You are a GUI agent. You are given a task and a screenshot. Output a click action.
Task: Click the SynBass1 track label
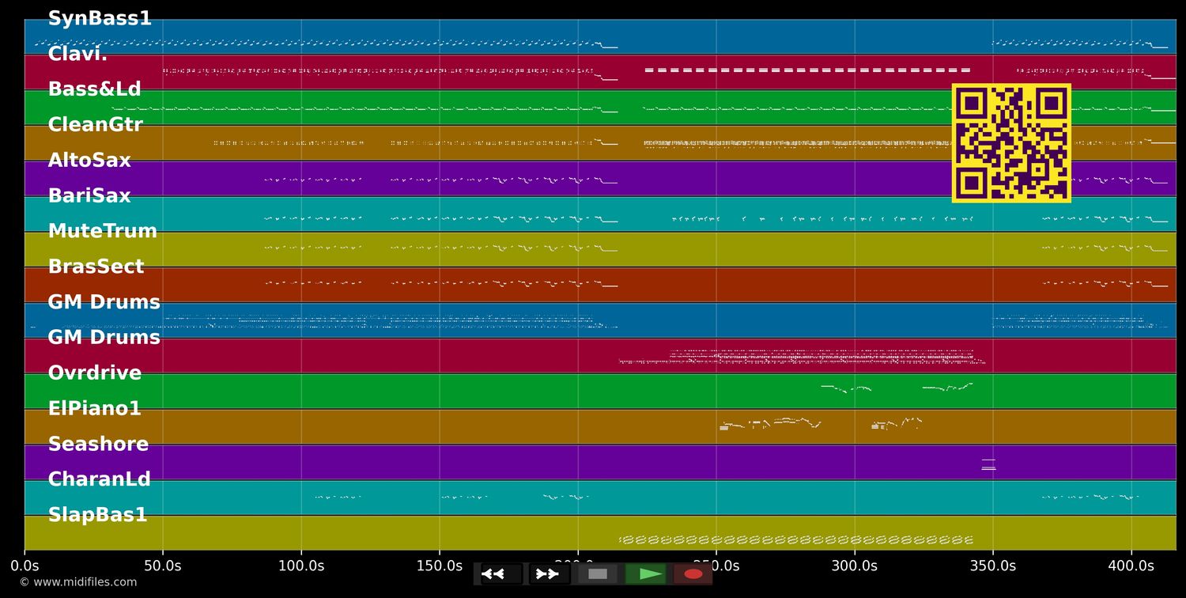click(x=100, y=19)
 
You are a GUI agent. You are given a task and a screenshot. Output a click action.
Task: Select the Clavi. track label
click(x=77, y=55)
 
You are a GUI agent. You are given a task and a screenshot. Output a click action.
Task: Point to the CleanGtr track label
click(x=95, y=125)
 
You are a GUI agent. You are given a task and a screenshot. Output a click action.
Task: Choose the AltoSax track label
click(x=89, y=161)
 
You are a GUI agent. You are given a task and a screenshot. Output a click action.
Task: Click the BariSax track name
click(x=89, y=196)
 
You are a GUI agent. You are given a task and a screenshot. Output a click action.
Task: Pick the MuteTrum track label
click(x=102, y=232)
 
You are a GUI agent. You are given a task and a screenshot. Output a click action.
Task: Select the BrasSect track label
click(x=96, y=267)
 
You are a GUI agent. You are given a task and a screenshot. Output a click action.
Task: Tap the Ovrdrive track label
click(x=95, y=373)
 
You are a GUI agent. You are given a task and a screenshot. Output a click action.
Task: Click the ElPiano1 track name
click(x=94, y=409)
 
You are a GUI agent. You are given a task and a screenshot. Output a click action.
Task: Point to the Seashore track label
click(x=98, y=445)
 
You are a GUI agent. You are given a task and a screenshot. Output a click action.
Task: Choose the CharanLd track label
click(x=99, y=480)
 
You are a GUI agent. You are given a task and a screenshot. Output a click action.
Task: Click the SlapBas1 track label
click(x=97, y=515)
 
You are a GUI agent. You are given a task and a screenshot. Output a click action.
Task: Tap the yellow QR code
click(x=1011, y=143)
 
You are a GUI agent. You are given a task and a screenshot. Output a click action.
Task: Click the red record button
click(x=693, y=574)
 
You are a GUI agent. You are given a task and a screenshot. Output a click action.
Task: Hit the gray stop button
click(x=598, y=574)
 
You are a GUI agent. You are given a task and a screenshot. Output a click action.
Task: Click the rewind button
click(x=501, y=574)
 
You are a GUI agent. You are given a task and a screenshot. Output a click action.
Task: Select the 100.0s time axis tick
click(x=301, y=566)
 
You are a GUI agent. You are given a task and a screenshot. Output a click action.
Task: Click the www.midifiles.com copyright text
click(x=77, y=582)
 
